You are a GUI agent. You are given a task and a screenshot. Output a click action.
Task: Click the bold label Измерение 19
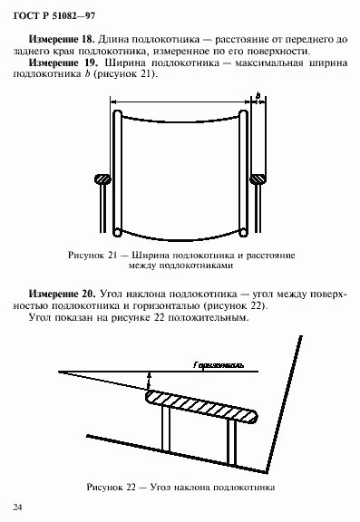point(62,65)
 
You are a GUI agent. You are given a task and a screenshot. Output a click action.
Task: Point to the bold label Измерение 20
point(62,295)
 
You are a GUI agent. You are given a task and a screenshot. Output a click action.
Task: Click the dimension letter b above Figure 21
point(258,95)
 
